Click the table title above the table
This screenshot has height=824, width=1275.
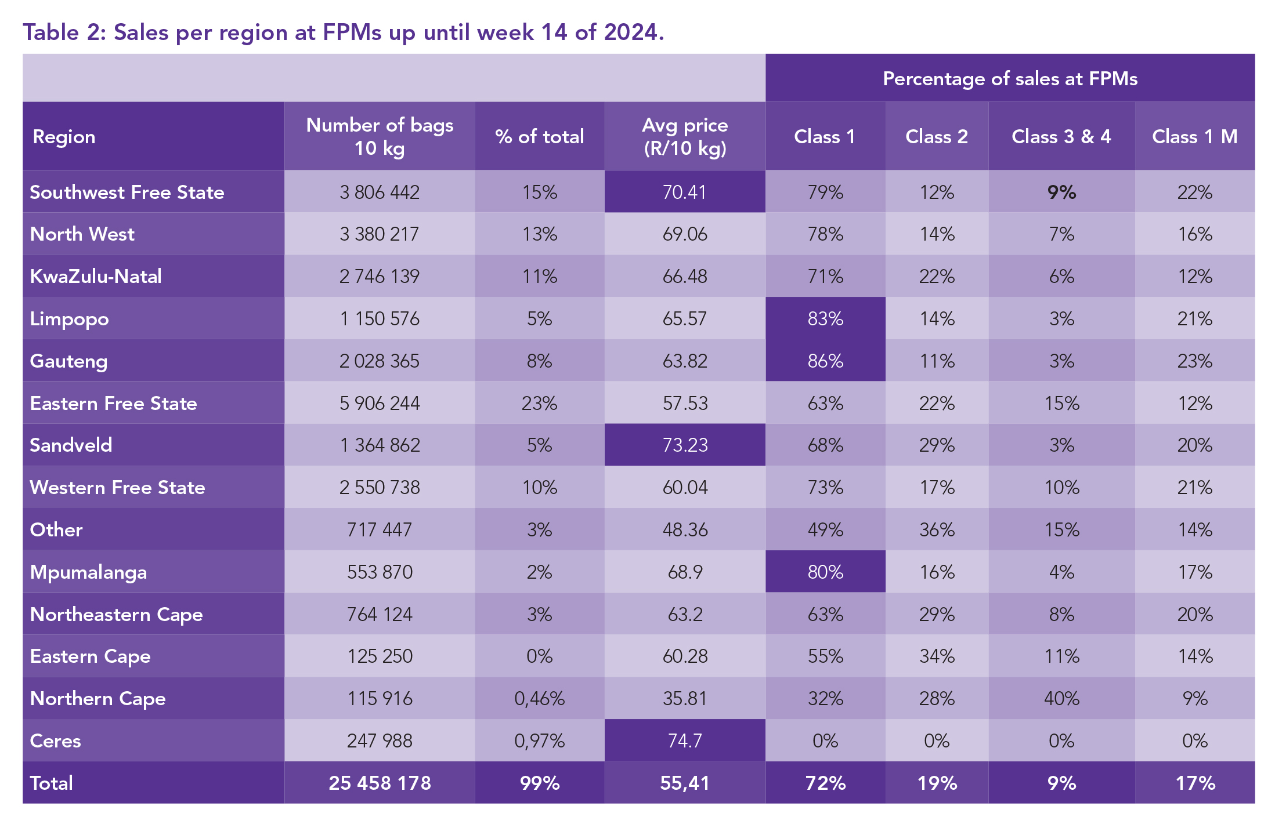point(343,32)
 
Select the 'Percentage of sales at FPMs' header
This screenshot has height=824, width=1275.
point(1010,78)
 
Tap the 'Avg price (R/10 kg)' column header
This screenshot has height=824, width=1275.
point(685,136)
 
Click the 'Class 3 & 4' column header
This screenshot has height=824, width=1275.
point(1061,136)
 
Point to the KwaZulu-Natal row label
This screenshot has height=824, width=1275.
point(96,276)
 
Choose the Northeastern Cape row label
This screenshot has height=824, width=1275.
point(116,614)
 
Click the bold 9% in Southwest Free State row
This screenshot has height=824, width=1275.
point(1061,192)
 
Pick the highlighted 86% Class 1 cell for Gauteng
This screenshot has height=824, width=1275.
point(825,361)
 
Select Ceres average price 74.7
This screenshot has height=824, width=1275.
point(685,740)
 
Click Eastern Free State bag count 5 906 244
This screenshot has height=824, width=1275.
point(380,403)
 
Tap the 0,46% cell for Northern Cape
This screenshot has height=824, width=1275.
point(539,698)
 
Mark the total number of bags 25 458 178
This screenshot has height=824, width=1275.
point(380,783)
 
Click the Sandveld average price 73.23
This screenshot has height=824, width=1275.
point(685,445)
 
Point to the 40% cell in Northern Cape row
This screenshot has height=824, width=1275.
point(1061,698)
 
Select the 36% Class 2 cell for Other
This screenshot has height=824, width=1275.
point(937,529)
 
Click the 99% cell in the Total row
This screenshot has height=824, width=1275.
point(539,783)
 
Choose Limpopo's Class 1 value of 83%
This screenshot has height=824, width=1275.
point(825,318)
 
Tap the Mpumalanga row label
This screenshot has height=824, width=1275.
point(88,572)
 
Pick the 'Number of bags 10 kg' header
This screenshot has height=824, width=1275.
point(380,136)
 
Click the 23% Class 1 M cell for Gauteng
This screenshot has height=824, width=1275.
point(1194,361)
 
